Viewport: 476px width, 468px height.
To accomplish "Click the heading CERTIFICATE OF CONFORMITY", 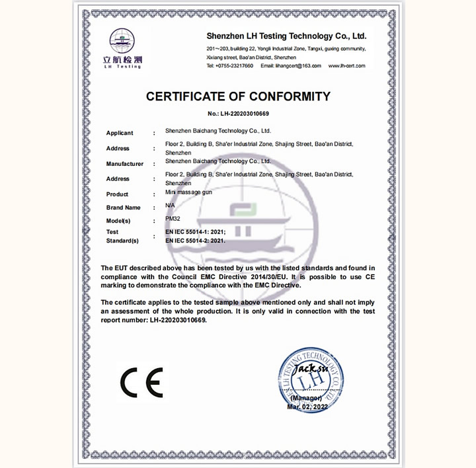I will point(238,97).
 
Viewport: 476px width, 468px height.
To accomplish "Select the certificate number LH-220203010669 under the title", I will point(238,114).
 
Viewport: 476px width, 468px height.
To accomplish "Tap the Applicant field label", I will point(120,133).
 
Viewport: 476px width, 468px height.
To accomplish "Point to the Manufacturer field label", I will point(125,163).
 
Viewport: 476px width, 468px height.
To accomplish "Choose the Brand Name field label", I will point(124,208).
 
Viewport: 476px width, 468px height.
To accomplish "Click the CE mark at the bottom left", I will point(141,383).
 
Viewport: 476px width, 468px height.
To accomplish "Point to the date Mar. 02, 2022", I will point(307,407).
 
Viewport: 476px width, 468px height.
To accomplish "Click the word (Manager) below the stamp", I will point(305,399).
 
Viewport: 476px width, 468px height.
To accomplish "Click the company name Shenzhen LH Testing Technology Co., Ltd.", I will point(286,36).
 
